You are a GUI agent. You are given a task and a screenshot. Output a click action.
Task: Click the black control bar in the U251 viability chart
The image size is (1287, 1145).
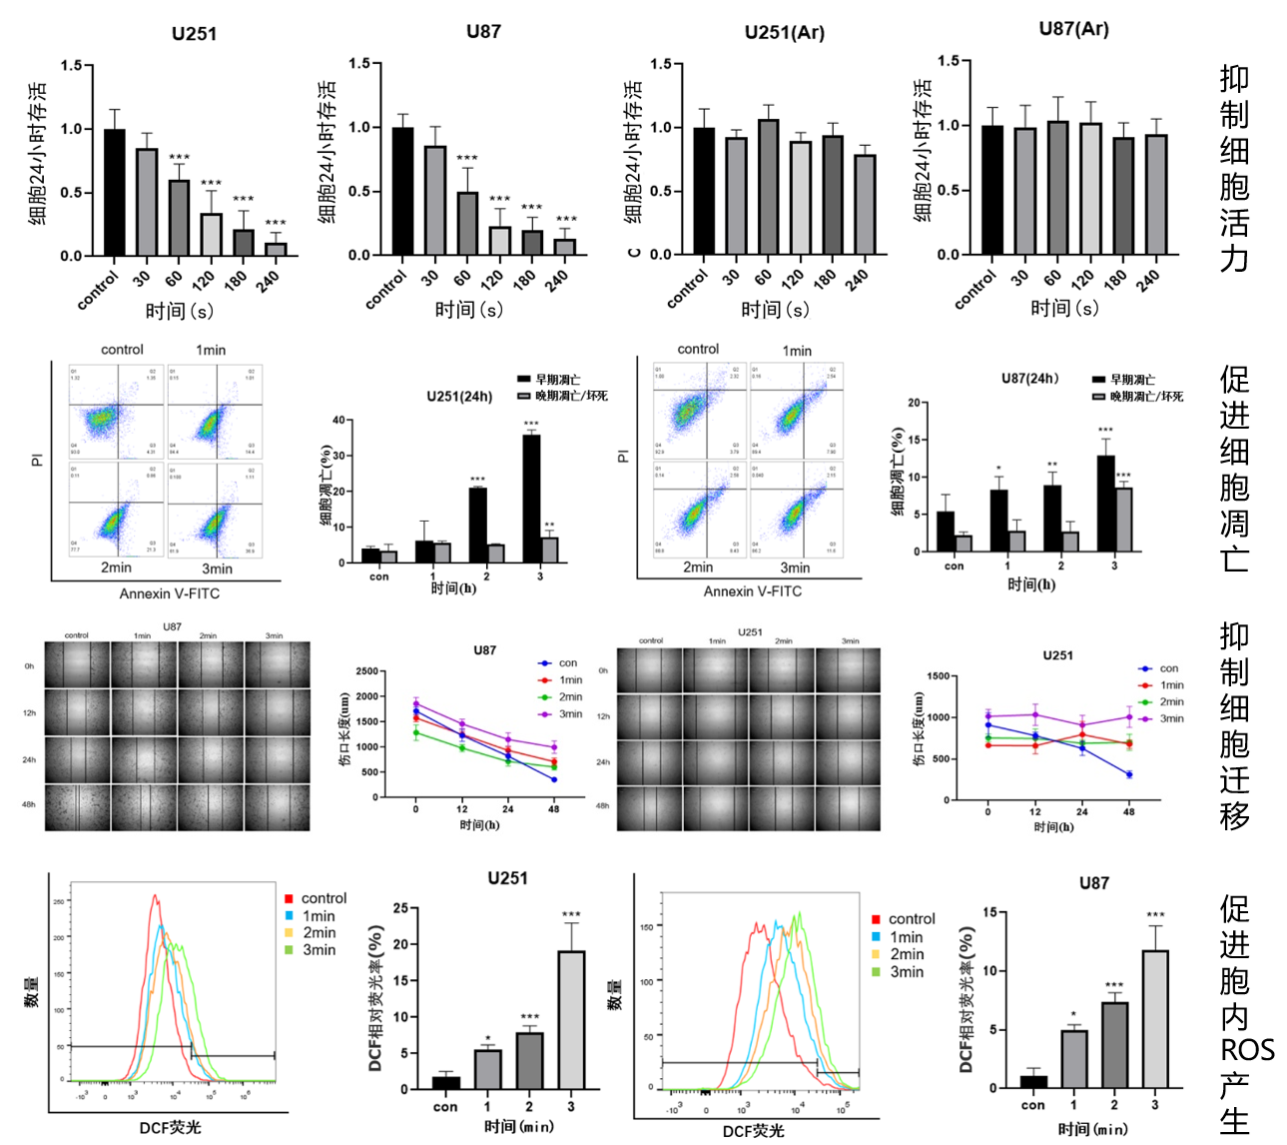pos(115,192)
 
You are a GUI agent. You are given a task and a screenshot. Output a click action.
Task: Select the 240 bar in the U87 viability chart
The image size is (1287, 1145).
pos(565,247)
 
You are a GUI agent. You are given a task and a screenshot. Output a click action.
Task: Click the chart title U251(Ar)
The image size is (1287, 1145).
pos(785,33)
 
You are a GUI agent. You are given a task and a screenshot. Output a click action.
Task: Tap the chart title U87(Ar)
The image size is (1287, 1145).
pos(1073,29)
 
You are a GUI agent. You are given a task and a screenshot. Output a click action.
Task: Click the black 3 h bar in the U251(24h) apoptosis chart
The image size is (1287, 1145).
pos(531,499)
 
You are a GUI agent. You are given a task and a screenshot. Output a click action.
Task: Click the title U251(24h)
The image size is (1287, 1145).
pos(459,397)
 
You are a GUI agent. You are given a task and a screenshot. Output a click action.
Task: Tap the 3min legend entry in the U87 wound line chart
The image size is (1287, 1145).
pos(570,714)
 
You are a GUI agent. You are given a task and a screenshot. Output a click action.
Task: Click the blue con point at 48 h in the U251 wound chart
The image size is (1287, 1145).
pos(1129,774)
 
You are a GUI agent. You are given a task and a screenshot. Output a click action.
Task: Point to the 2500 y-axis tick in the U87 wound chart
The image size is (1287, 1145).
pos(366,671)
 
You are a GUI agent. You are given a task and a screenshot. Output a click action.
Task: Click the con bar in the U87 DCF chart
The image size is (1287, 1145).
pos(1033,1081)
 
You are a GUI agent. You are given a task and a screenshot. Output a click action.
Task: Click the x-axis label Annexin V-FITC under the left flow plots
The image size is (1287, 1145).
pos(170,593)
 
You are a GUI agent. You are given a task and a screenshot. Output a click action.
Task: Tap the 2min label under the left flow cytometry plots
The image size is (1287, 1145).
pos(116,568)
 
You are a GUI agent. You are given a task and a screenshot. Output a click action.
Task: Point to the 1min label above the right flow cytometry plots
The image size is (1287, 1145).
pos(797,351)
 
